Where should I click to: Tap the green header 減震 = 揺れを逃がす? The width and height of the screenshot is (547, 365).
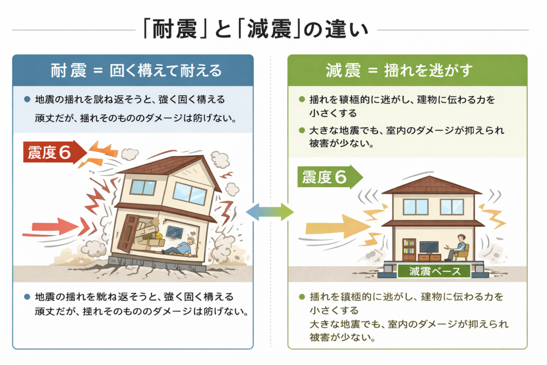coord(407,71)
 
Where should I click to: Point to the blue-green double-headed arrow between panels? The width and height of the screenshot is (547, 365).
coord(270,212)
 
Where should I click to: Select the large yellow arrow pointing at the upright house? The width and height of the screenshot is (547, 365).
coord(337,228)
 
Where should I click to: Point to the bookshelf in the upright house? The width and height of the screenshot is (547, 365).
coord(409,249)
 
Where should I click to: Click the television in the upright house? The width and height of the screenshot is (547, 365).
coord(429,247)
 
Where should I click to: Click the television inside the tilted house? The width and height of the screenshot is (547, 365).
coord(175,231)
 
